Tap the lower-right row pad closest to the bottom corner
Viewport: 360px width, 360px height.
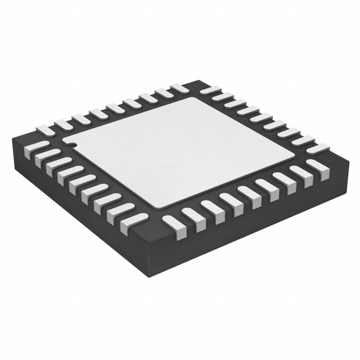click(x=174, y=223)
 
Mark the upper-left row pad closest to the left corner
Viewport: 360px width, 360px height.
click(x=46, y=129)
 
